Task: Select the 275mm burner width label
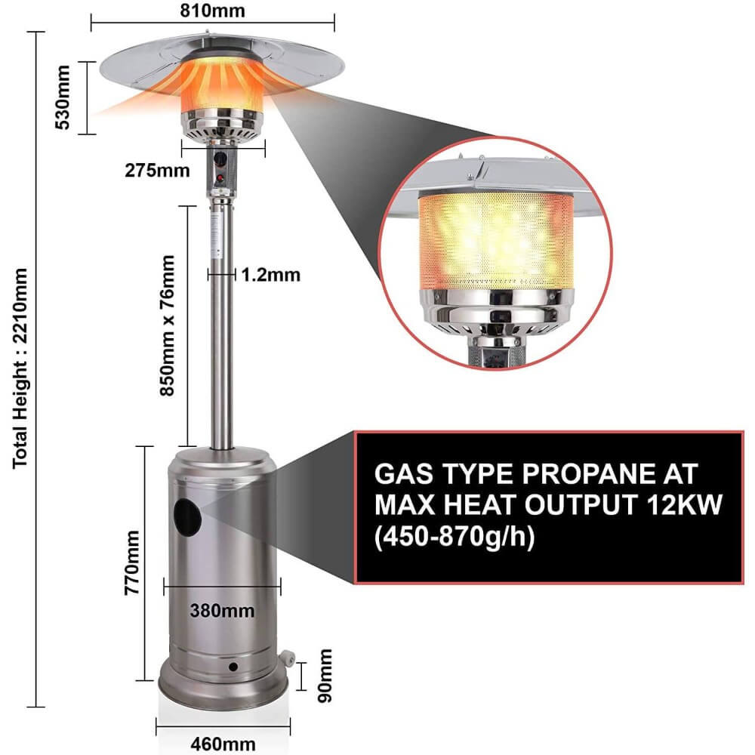coord(157,170)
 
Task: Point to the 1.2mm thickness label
coord(270,275)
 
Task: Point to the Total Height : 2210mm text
coord(20,368)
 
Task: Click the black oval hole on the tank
coord(187,517)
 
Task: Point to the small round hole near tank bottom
coord(233,667)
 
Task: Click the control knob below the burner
coord(222,161)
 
